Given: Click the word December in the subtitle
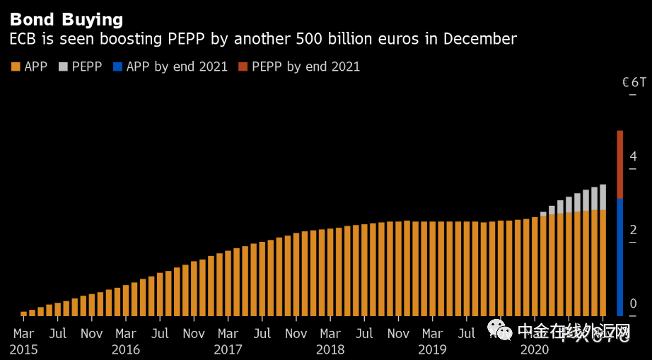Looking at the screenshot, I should click(479, 39).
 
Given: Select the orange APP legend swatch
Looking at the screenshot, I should click(16, 67).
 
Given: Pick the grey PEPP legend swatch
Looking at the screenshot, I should click(64, 67).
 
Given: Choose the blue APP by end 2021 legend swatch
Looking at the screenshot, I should click(118, 67).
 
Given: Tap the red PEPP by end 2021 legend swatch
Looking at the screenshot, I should click(243, 67).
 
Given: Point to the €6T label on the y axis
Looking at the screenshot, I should click(634, 82).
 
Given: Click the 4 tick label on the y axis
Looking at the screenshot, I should click(634, 156).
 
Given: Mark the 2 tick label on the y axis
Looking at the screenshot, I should click(634, 230).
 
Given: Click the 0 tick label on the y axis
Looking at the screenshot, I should click(634, 303).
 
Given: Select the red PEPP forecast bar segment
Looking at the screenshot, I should click(619, 164).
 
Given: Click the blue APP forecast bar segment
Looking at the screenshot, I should click(619, 256).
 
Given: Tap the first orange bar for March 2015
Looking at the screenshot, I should click(24, 313).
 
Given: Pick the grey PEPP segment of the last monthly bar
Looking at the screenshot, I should click(602, 197).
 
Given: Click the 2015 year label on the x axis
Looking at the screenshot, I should click(24, 349).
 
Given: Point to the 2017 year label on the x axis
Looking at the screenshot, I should click(228, 349).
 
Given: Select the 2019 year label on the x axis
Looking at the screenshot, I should click(432, 349).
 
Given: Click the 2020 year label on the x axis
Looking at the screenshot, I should click(534, 349).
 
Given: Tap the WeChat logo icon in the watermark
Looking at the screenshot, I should click(498, 330).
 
